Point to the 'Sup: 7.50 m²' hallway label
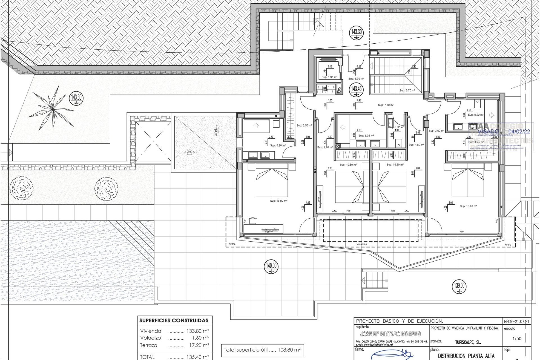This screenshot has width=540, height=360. (386, 105)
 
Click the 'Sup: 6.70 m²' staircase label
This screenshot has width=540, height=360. (407, 91)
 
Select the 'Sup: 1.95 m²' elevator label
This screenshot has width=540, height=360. (329, 77)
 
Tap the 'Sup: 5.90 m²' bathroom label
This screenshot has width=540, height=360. (278, 145)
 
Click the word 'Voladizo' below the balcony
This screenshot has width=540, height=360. (361, 244)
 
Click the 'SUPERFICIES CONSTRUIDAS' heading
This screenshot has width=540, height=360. (174, 320)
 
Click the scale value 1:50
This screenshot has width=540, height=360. (517, 339)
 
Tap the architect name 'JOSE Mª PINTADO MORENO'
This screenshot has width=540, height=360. (390, 334)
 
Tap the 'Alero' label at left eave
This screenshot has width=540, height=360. (232, 244)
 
